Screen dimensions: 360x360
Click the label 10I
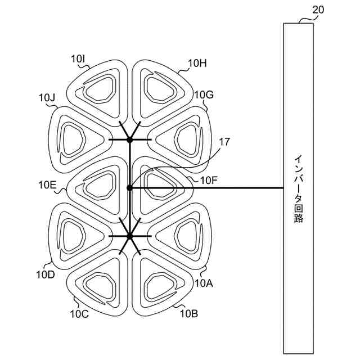[78, 58]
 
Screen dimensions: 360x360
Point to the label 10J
[47, 98]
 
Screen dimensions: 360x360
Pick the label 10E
[47, 184]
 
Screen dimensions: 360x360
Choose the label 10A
[204, 283]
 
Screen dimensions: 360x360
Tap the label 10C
[79, 314]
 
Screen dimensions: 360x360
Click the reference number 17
[224, 142]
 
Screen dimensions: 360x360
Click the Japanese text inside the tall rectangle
[298, 189]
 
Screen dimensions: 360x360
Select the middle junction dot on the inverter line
[129, 188]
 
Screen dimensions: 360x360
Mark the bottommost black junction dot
[129, 236]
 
